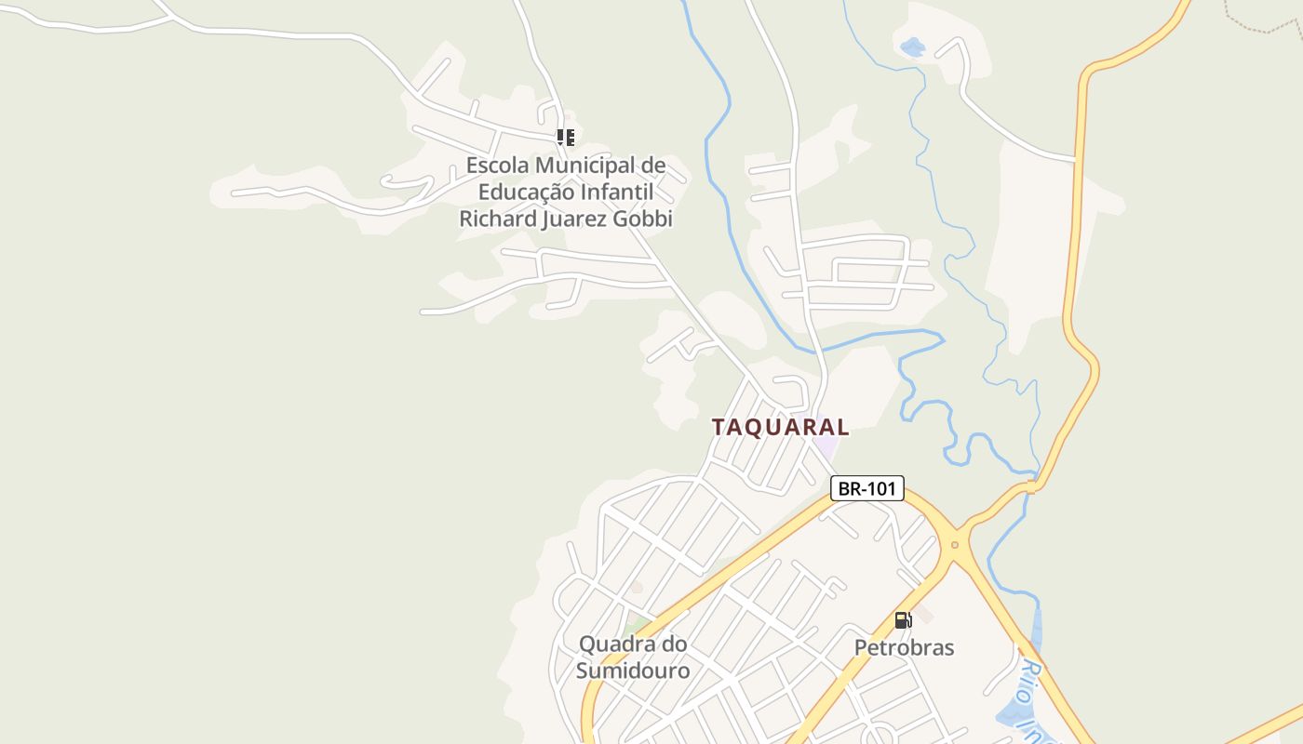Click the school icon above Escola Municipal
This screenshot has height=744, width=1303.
[x=566, y=138]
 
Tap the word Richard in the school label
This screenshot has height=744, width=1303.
[x=498, y=219]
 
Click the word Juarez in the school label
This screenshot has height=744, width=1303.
[x=573, y=219]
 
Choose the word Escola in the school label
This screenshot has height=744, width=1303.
[x=497, y=166]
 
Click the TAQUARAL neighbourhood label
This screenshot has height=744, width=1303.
[x=780, y=427]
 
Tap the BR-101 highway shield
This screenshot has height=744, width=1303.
[x=866, y=488]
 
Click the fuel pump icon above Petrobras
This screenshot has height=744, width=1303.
[x=902, y=620]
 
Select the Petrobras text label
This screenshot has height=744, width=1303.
[x=904, y=647]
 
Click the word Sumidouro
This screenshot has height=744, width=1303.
[x=633, y=671]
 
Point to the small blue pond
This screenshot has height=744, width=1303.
[x=912, y=46]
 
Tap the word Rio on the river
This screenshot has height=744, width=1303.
[x=1030, y=675]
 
